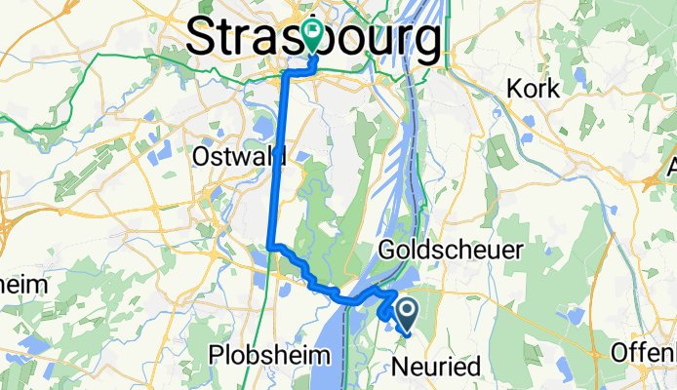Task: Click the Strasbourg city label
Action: [x=312, y=39]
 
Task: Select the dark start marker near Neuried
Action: [x=407, y=312]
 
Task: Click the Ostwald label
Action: [x=239, y=156]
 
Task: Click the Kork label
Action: [x=533, y=89]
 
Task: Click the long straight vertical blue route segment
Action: [x=278, y=156]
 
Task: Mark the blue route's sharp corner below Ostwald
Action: [x=270, y=247]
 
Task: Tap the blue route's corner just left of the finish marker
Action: [x=285, y=71]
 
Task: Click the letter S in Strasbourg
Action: [x=201, y=39]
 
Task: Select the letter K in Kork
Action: [x=514, y=89]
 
